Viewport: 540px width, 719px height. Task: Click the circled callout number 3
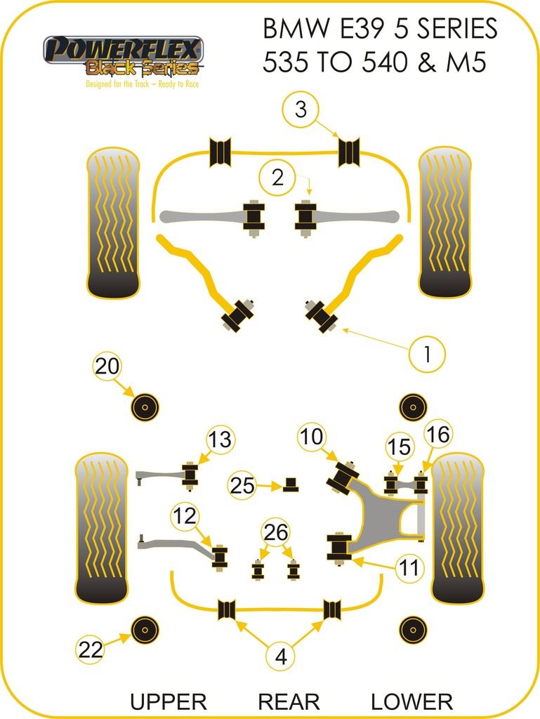point(301,110)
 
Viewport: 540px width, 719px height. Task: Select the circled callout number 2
point(278,178)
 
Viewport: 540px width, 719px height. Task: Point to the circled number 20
point(107,366)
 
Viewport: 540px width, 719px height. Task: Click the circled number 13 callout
point(220,440)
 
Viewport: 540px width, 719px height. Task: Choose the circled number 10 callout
point(312,437)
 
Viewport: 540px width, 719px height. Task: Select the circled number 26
point(277,533)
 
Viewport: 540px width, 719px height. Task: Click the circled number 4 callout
point(281,657)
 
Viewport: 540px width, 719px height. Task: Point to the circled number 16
point(437,435)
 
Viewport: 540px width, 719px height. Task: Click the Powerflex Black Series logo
point(124,58)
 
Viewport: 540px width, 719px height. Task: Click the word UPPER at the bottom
point(169,701)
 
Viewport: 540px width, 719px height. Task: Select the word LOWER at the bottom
point(411,701)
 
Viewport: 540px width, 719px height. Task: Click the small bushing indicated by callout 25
point(291,484)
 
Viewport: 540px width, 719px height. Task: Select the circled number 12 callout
point(185,517)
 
